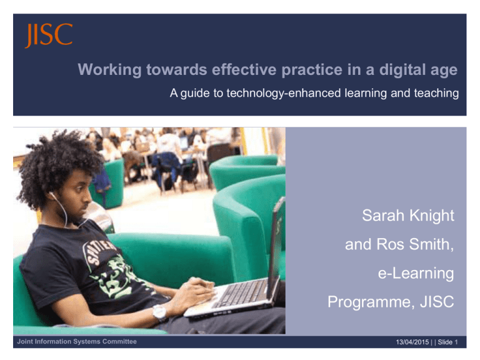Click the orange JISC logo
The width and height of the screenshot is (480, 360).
pyautogui.click(x=49, y=36)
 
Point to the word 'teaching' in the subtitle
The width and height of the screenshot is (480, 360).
pyautogui.click(x=435, y=94)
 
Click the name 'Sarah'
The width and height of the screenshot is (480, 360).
pyautogui.click(x=384, y=216)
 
